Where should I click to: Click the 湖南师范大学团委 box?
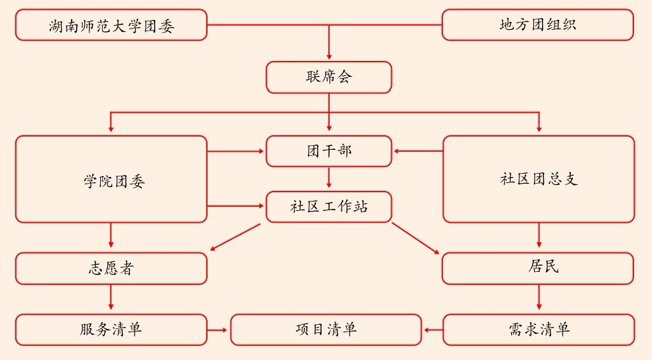tap(111, 25)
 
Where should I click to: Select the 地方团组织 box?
tap(537, 25)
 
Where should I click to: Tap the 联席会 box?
tap(328, 77)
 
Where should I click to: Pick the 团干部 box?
tap(328, 150)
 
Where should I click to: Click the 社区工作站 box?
tap(328, 206)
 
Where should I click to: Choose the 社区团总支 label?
tap(538, 179)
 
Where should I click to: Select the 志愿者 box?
tap(111, 269)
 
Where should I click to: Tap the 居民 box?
tap(537, 268)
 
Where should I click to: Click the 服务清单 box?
tap(111, 330)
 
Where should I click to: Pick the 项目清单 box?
tap(326, 330)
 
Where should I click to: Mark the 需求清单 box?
tap(537, 330)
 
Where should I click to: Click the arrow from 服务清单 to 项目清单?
tap(219, 330)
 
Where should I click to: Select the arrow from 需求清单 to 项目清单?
tap(432, 330)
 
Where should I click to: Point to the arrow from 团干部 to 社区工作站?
tap(329, 178)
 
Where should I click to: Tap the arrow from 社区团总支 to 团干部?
tap(418, 151)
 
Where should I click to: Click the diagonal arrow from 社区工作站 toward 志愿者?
tap(235, 237)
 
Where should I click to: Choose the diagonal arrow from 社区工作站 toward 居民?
tap(416, 239)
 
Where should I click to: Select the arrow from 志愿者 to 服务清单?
tap(111, 299)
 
